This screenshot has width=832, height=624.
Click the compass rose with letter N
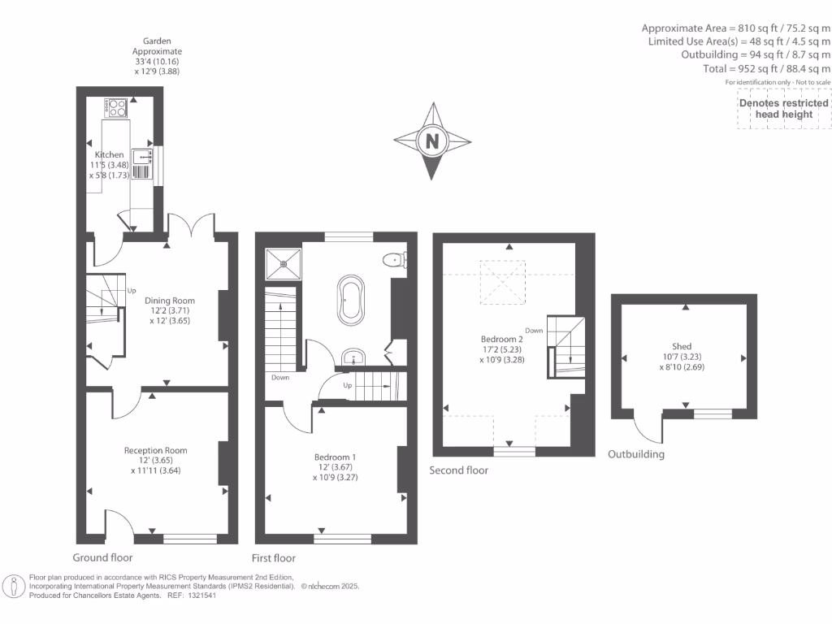click(431, 141)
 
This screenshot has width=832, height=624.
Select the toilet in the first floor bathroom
click(395, 261)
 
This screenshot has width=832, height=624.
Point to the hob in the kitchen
click(115, 107)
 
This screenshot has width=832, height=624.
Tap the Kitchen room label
click(110, 154)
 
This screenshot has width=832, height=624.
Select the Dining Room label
click(170, 301)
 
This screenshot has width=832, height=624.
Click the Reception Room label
click(155, 450)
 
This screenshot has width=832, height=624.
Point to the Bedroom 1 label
click(335, 457)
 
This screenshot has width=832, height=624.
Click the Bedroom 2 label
click(499, 339)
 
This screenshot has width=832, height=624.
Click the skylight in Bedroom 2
click(501, 279)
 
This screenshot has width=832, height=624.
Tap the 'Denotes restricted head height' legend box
click(783, 109)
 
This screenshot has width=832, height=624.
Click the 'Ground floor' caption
click(102, 557)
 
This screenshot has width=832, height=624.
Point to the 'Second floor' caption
click(459, 470)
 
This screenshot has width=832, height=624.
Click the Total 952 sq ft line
click(768, 69)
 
